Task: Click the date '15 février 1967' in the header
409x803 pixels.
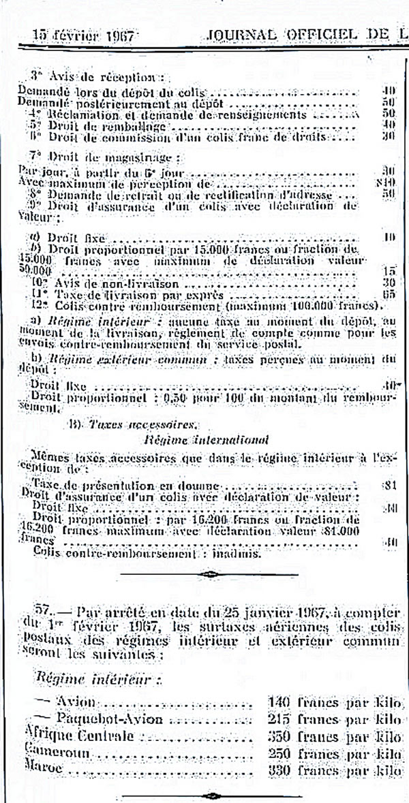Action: point(81,35)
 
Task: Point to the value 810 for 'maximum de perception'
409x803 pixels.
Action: point(389,184)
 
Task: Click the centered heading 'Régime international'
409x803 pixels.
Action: point(207,440)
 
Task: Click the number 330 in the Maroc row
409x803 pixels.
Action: point(269,768)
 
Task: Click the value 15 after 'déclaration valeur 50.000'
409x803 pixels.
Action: point(390,271)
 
